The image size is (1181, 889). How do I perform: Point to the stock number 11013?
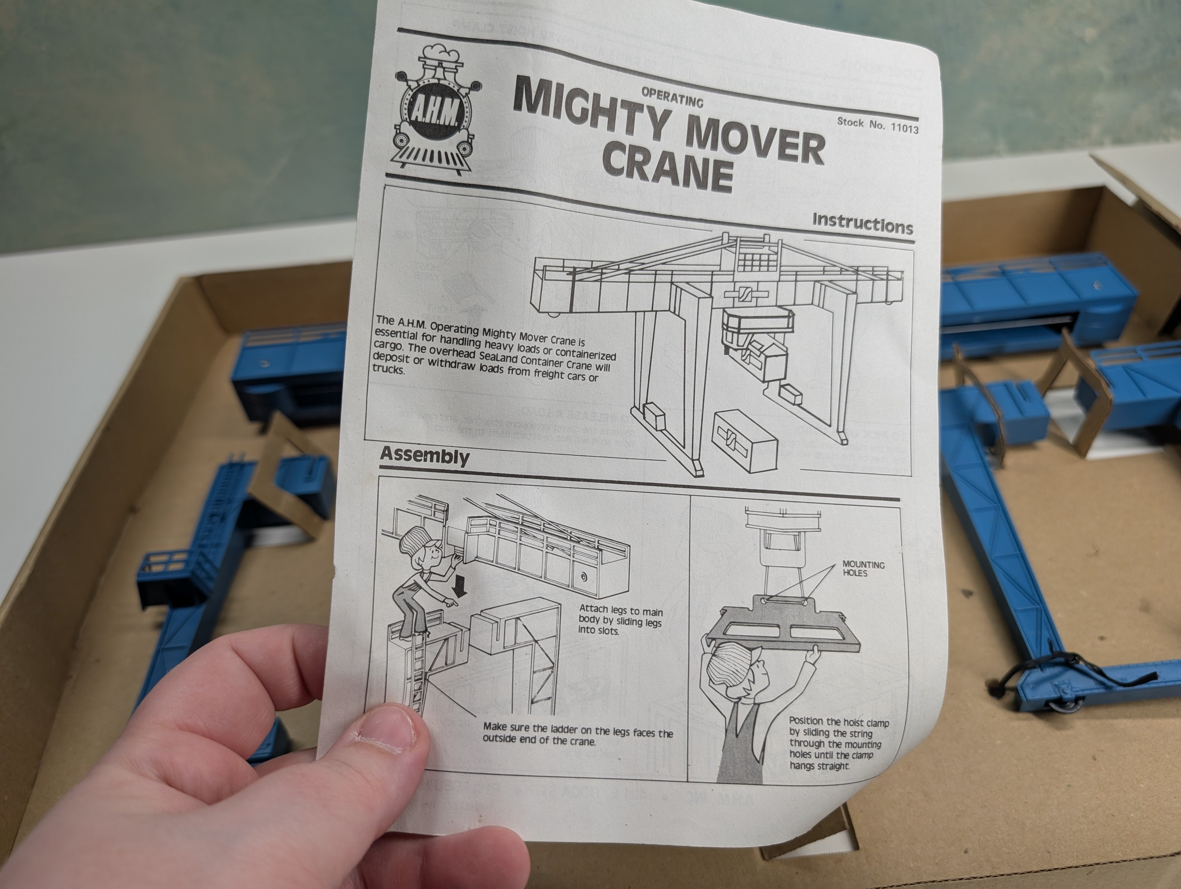[905, 128]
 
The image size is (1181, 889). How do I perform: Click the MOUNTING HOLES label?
[863, 569]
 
